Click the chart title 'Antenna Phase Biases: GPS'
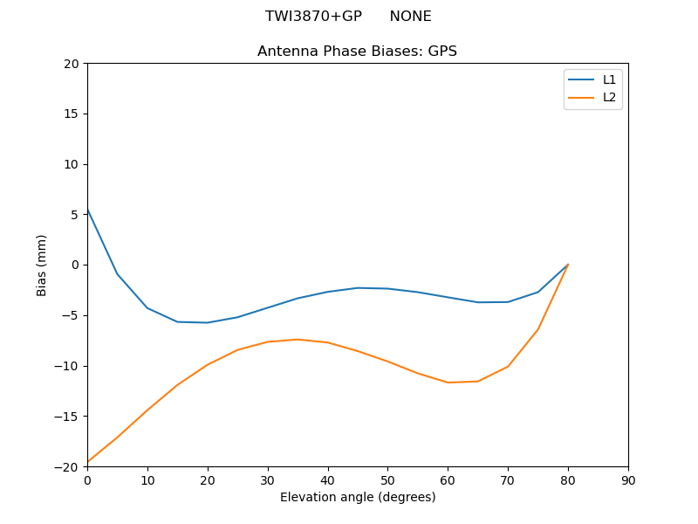[x=357, y=52]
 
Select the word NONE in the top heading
[x=410, y=17]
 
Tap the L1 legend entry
[x=609, y=79]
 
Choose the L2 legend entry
[x=609, y=97]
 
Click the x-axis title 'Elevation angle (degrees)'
[x=358, y=497]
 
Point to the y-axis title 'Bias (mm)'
[x=42, y=265]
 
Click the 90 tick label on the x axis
[x=628, y=480]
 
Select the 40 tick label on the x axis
[x=327, y=480]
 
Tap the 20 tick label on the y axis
[x=71, y=64]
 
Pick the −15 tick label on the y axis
[x=67, y=416]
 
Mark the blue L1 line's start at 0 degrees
[x=87, y=210]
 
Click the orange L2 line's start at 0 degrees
[x=87, y=461]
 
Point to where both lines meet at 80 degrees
[x=568, y=265]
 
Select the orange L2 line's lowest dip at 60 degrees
[x=448, y=383]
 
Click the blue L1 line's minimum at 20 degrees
[x=208, y=322]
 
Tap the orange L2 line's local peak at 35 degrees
[x=298, y=339]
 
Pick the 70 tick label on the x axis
[x=508, y=480]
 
